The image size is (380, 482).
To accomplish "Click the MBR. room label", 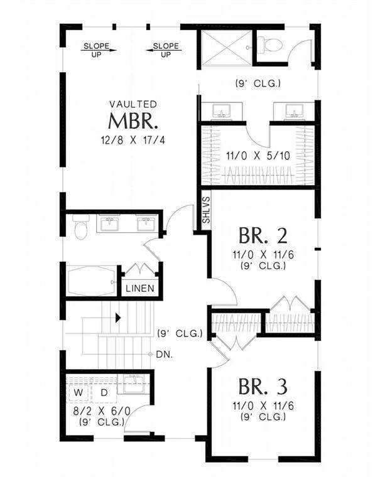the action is (133, 120).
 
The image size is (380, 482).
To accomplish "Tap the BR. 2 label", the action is (263, 235).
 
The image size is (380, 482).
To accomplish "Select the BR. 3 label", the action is (263, 387).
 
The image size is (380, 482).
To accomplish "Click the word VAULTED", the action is (133, 104).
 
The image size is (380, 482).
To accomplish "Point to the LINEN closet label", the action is (140, 288).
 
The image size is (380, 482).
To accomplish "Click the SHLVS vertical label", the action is (206, 210).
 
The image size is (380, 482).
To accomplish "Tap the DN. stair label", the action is (165, 355).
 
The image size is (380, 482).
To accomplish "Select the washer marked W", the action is (79, 392).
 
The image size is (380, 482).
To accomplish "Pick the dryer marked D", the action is (104, 392).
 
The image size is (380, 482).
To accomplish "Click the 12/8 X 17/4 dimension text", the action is (133, 141).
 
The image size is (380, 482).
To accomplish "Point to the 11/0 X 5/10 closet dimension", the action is (258, 156).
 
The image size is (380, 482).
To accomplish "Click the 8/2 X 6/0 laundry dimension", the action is (102, 411).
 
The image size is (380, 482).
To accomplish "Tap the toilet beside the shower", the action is (270, 45).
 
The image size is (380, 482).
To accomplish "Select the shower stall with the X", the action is (227, 48).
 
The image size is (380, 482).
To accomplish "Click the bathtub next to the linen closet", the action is (92, 281).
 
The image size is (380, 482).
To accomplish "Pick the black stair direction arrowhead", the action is (118, 318).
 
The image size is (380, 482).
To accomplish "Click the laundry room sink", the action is (134, 384).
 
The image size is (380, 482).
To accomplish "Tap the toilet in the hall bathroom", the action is (81, 227).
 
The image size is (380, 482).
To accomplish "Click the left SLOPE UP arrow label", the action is (96, 50).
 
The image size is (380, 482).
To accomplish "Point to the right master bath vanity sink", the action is (294, 110).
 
